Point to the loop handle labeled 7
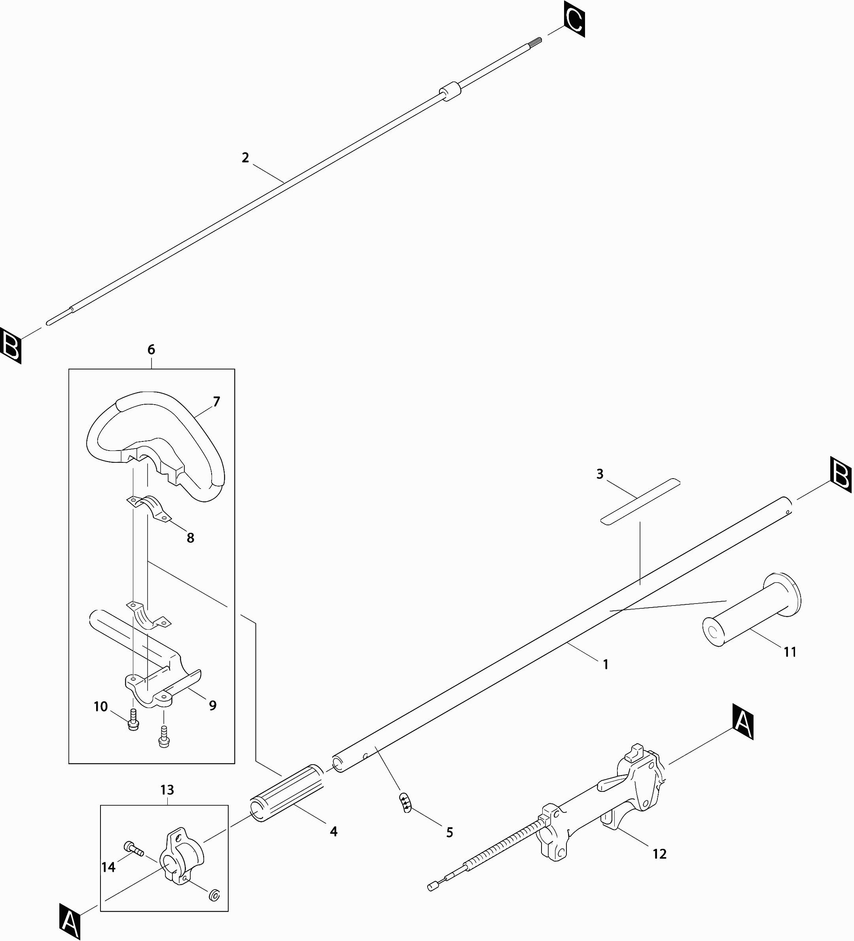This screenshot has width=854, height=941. click(154, 448)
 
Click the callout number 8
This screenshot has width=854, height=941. click(190, 538)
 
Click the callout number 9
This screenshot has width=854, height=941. click(213, 705)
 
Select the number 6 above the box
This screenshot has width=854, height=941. click(151, 350)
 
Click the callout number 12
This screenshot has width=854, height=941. click(659, 854)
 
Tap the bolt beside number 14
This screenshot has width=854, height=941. click(133, 848)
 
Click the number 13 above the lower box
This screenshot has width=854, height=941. click(167, 790)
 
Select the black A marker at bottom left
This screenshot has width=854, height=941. click(70, 922)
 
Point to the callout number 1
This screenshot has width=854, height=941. click(606, 664)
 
